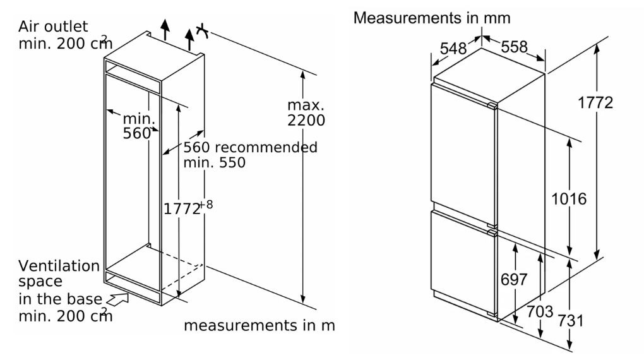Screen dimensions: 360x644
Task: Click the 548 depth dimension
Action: click(x=453, y=47)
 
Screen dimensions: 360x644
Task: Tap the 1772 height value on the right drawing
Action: click(x=595, y=103)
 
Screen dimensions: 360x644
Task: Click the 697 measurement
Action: click(x=514, y=280)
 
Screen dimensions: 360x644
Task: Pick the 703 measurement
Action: click(x=540, y=311)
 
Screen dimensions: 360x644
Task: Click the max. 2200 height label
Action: click(x=306, y=112)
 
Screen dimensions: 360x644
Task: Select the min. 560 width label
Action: click(x=138, y=125)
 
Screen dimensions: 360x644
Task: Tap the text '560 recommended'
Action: click(x=250, y=147)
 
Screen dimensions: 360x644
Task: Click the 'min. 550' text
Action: click(x=214, y=162)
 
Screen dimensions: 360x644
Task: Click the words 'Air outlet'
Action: click(x=53, y=27)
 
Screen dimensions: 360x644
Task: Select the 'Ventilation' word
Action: click(x=59, y=266)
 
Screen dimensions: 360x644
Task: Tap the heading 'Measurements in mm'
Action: click(x=432, y=18)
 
